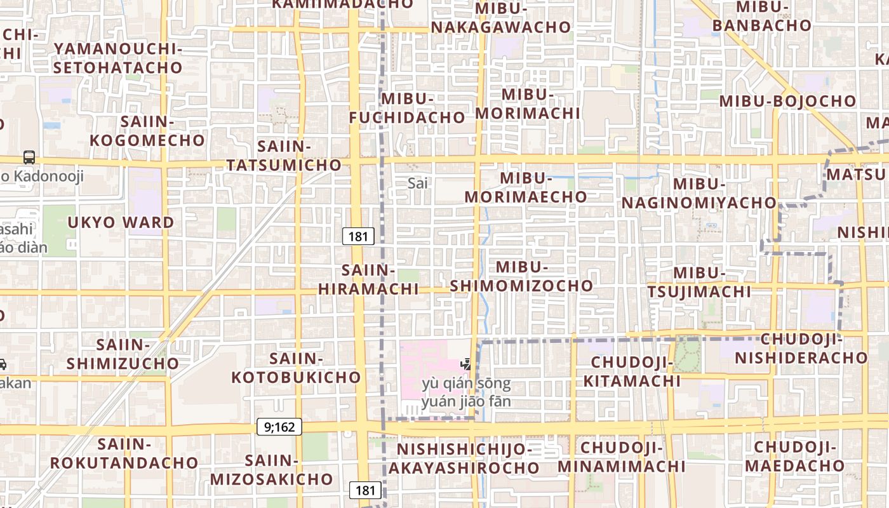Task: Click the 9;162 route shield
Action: coord(279,427)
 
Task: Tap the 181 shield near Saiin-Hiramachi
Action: coord(358,237)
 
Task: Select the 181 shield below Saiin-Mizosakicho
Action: coord(366,490)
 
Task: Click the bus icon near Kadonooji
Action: coord(29,157)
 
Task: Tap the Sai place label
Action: coord(418,184)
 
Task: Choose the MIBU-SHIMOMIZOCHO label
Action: coord(521,276)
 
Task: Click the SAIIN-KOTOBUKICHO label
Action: coord(296,368)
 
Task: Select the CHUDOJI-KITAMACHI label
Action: coord(632,372)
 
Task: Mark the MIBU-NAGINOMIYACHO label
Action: coord(698,193)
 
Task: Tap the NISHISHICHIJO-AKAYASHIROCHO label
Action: coord(464,459)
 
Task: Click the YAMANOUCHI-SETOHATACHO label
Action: coord(118,58)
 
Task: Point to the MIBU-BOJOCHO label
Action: coord(787,101)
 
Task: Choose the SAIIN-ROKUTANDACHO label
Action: coord(124,453)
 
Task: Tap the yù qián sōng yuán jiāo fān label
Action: coord(466,392)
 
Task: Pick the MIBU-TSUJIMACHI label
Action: coord(699,282)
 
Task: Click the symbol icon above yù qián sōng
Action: coord(467,364)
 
